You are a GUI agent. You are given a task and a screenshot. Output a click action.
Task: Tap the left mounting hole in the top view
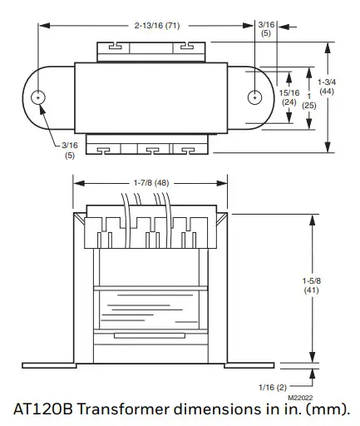[38, 97]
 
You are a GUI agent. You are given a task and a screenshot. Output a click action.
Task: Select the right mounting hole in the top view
[254, 97]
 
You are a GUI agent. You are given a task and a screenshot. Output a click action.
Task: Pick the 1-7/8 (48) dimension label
[151, 182]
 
